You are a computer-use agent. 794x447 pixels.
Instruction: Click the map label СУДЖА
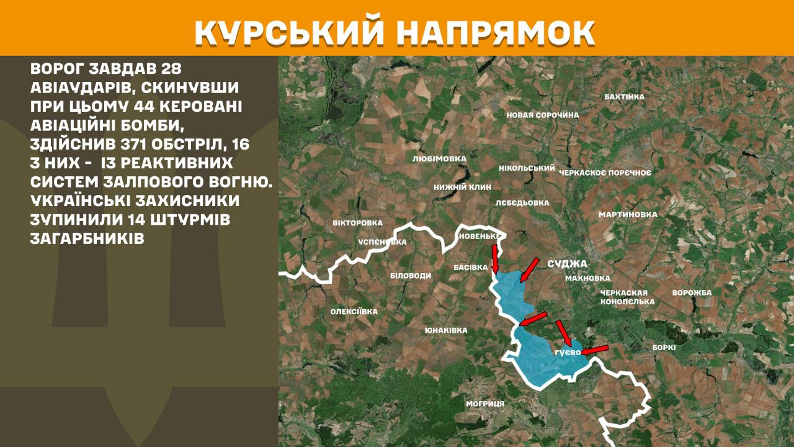[567, 264]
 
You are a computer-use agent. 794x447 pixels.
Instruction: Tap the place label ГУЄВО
[567, 353]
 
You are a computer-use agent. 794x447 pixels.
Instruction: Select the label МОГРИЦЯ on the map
[485, 404]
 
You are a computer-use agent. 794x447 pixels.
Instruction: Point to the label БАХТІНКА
[624, 97]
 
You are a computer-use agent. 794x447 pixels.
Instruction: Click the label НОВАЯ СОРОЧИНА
[542, 115]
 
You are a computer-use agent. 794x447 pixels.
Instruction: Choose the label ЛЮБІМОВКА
[439, 159]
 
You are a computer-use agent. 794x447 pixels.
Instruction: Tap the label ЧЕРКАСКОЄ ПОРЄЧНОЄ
[605, 173]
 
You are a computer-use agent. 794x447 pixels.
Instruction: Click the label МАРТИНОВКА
[628, 215]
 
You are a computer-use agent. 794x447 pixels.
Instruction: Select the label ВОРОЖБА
[692, 292]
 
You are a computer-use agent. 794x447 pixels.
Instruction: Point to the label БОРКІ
[664, 348]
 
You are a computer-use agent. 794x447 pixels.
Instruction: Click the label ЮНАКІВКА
[446, 330]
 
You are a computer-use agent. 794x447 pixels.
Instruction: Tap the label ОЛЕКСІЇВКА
[354, 312]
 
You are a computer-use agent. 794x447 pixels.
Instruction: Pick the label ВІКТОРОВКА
[358, 223]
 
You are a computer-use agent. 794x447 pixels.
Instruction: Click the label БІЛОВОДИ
[411, 276]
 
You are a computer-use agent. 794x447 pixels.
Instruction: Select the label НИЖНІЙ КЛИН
[463, 187]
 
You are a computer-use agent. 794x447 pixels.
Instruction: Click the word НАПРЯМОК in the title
[494, 33]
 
